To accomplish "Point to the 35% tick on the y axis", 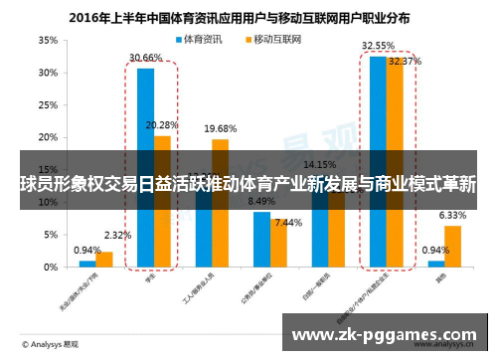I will (47, 41).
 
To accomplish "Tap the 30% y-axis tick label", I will (47, 74).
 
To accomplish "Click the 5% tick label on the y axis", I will (50, 235).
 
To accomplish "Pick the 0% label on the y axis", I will (50, 268).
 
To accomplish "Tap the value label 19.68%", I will (220, 129).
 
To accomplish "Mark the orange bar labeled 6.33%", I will (452, 247).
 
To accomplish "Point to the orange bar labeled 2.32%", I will (104, 260).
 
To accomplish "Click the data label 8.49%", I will (261, 201).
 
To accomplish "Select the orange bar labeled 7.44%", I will (279, 243).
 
